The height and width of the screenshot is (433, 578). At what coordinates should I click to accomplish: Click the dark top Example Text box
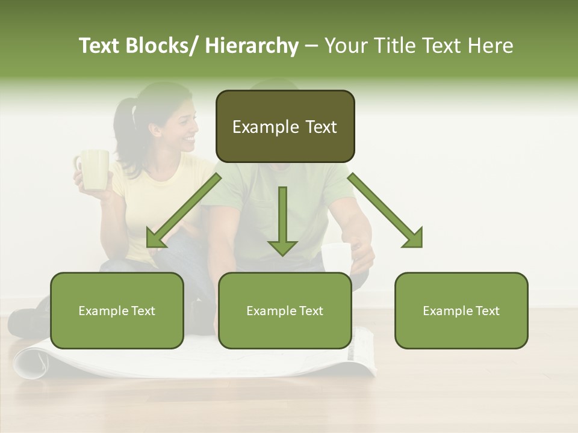click(x=285, y=126)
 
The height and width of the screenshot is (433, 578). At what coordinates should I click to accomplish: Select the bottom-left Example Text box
click(x=117, y=310)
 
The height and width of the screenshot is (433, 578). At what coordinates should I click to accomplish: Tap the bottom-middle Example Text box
click(x=285, y=310)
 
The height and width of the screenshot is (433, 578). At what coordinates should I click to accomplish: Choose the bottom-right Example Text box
click(x=461, y=310)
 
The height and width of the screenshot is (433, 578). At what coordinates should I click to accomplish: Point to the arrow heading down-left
click(x=181, y=213)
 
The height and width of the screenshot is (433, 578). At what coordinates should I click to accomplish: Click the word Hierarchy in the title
click(x=251, y=46)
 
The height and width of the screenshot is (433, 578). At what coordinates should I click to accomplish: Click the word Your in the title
click(x=346, y=46)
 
